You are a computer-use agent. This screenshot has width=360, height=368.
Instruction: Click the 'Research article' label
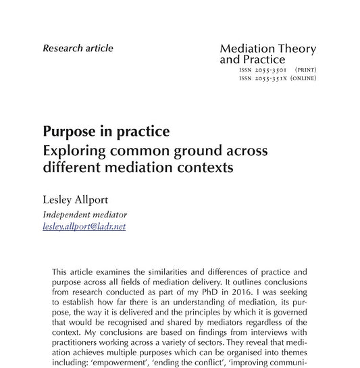[x=78, y=48]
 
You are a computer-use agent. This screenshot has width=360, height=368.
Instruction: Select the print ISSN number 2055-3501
[x=271, y=70]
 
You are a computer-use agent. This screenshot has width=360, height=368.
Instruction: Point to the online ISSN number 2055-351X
[x=271, y=78]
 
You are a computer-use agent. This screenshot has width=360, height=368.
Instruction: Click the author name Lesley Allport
[x=76, y=201]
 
